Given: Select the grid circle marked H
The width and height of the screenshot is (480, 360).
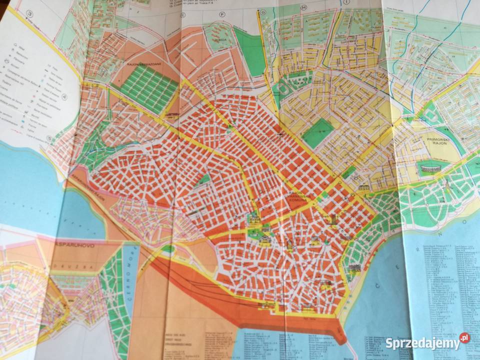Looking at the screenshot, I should [303, 7].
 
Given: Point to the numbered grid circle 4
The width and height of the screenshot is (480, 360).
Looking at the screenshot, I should [64, 96].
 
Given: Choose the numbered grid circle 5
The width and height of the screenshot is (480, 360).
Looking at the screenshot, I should [49, 139].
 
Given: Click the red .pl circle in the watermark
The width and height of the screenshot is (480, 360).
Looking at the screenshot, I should [464, 338].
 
